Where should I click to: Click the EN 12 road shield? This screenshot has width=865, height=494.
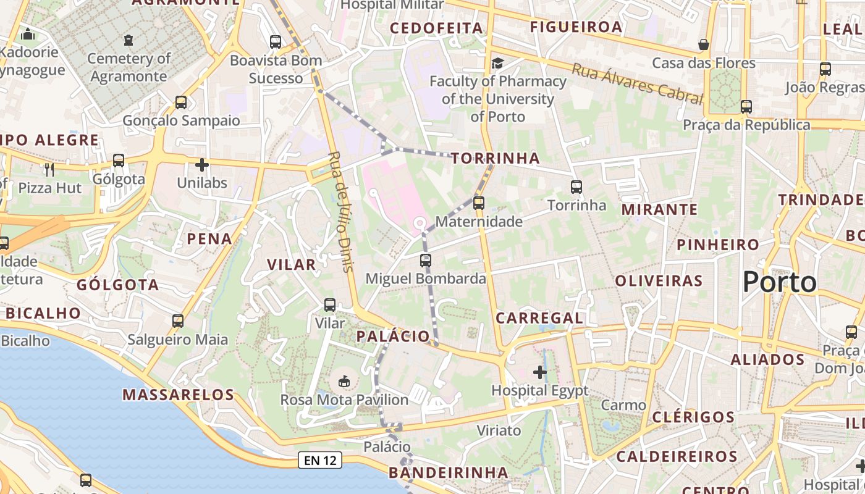[x=320, y=460]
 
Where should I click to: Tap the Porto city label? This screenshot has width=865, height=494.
[x=780, y=282]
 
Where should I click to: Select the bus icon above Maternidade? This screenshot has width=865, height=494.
[x=478, y=203]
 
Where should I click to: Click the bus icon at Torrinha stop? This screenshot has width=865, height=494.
[x=576, y=186]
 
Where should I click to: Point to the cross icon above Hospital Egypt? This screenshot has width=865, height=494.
[x=540, y=372]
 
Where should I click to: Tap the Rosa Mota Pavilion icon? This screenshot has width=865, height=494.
[x=344, y=382]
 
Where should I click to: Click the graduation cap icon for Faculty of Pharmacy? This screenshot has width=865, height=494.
[x=497, y=63]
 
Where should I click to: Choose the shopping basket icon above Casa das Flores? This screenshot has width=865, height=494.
[x=703, y=44]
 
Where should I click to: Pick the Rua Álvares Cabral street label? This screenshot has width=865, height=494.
[x=637, y=83]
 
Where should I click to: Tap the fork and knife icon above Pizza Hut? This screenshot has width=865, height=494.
[x=50, y=169]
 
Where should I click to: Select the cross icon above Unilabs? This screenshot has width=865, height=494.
[x=201, y=165]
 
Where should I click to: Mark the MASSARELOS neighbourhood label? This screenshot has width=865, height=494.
[x=178, y=395]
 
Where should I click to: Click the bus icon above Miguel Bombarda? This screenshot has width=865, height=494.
[x=426, y=260]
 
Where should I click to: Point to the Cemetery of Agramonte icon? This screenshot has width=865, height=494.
[x=128, y=40]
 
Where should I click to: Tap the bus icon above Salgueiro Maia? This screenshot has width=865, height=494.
[x=178, y=321]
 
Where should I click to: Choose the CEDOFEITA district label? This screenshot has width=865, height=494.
[x=436, y=28]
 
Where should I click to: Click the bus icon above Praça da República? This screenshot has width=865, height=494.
[x=746, y=107]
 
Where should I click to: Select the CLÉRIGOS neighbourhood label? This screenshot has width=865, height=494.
[x=694, y=417]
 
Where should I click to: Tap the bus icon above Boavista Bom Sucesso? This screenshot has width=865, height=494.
[x=276, y=42]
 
